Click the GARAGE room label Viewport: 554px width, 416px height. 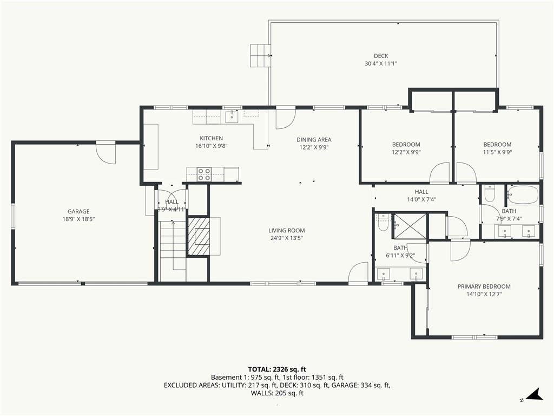coord(78,212)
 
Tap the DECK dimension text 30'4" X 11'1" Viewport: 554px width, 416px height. coord(381,64)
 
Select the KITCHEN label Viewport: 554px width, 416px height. coord(212,138)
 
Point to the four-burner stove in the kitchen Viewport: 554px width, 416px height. coord(204,174)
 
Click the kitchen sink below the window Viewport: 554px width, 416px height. coord(232,115)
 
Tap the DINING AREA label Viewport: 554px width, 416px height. coord(314,140)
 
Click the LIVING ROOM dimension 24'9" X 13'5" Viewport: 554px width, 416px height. coord(287,238)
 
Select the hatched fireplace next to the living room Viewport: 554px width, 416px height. coord(198,236)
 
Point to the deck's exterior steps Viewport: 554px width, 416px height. coord(260,56)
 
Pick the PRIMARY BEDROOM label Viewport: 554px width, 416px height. coord(484,287)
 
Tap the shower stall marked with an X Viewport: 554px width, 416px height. coord(410,226)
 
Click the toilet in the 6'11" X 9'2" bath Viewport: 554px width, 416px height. coord(382,223)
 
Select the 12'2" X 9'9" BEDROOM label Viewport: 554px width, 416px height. coord(406,144)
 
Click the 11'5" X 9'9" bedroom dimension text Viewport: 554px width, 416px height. coord(497,152)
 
